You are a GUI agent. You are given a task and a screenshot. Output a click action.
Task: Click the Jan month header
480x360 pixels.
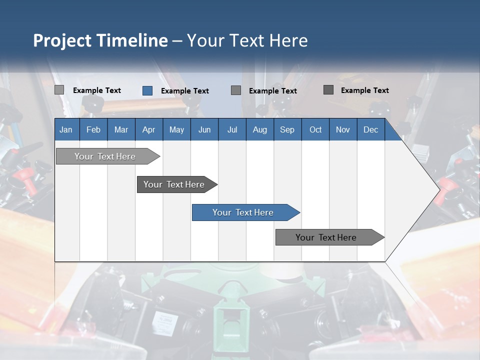point(66,129)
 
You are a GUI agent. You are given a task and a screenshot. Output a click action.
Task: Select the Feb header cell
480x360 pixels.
point(93,129)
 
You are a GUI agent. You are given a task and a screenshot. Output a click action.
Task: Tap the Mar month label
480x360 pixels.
point(121,129)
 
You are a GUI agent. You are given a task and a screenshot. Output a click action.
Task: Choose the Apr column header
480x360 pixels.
point(148,129)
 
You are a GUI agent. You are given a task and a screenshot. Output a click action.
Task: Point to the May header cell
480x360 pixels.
point(176,129)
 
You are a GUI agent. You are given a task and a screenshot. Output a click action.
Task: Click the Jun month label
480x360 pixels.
point(204,129)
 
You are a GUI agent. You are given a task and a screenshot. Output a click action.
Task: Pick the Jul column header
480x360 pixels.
point(232,129)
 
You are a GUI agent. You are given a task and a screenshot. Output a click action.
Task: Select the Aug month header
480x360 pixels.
point(259,129)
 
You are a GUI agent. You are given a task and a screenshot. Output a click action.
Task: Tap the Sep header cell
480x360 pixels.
point(287,129)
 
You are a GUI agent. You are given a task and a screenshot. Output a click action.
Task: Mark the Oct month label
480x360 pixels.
point(315,129)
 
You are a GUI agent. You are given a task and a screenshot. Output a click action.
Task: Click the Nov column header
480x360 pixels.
point(343,129)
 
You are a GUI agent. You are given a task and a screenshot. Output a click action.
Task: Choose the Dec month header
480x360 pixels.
point(370,129)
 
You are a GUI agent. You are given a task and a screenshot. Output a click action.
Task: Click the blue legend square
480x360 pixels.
point(147,90)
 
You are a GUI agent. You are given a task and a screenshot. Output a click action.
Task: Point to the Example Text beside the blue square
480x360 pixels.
point(184,91)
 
